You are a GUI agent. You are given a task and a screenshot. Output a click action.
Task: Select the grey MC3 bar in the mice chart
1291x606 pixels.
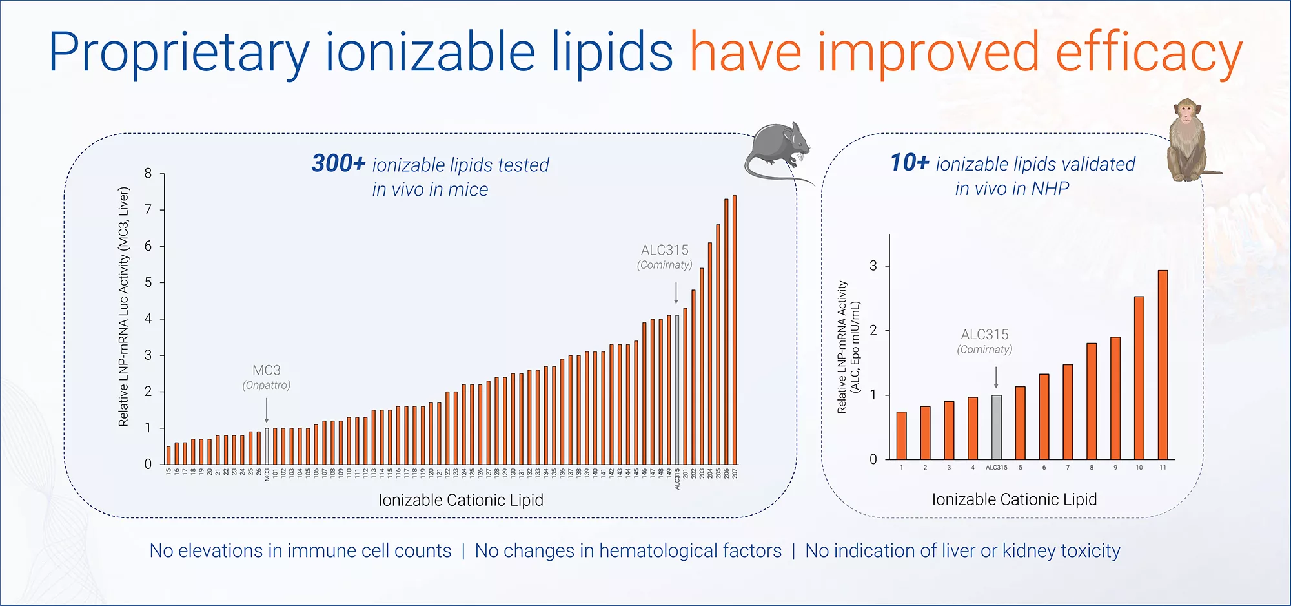click(x=267, y=446)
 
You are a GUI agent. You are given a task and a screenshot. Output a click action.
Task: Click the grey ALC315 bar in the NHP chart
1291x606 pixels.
click(x=996, y=427)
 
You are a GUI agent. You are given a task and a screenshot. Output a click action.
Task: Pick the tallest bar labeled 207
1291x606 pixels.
click(x=735, y=329)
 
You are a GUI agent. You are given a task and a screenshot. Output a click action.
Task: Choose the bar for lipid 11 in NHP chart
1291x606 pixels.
click(x=1163, y=365)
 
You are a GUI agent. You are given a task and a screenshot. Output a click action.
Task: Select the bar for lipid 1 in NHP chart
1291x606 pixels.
click(x=901, y=435)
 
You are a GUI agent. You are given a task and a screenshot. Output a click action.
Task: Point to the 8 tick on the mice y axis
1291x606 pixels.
click(x=148, y=173)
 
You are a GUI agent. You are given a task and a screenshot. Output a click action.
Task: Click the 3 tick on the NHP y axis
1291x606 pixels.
click(x=873, y=266)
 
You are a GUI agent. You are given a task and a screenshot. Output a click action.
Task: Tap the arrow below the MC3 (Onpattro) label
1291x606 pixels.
click(x=267, y=410)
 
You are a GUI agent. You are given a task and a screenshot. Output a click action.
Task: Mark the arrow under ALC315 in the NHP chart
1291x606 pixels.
click(x=996, y=377)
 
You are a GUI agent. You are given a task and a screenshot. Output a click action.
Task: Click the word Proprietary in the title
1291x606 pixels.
click(x=179, y=53)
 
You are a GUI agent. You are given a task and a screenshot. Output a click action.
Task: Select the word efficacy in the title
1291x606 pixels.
click(x=1148, y=53)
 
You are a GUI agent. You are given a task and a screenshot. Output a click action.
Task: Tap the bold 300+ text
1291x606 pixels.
click(x=338, y=163)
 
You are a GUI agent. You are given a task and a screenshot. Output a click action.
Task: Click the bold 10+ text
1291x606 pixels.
click(x=910, y=163)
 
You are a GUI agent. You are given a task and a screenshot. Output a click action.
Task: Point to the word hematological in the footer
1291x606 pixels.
click(x=658, y=550)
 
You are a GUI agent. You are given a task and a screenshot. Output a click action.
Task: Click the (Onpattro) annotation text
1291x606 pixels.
click(x=267, y=386)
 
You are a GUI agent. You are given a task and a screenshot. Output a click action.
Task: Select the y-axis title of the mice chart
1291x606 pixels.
click(x=123, y=307)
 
